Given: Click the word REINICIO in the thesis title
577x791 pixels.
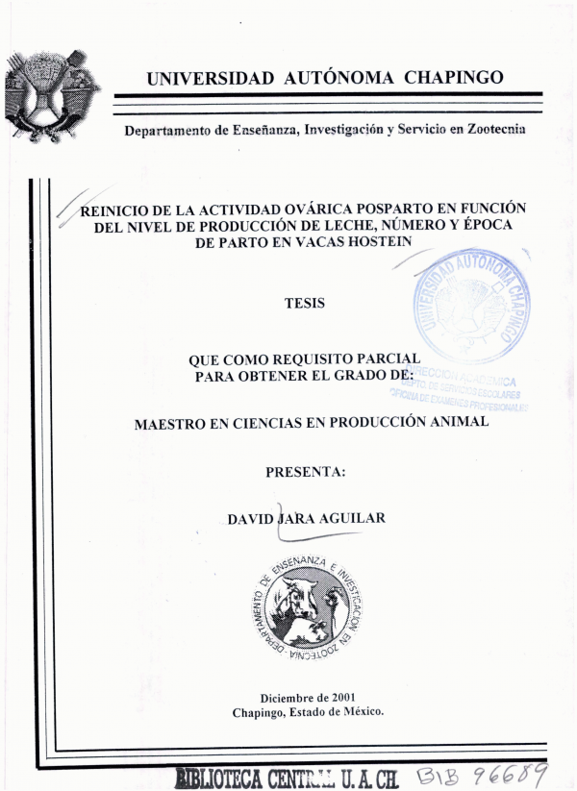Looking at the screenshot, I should pyautogui.click(x=115, y=209).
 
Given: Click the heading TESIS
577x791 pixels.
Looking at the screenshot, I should pyautogui.click(x=304, y=304).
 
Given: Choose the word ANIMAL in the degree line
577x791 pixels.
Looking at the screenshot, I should pyautogui.click(x=454, y=421).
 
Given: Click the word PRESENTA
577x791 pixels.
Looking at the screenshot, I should pyautogui.click(x=304, y=470).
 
